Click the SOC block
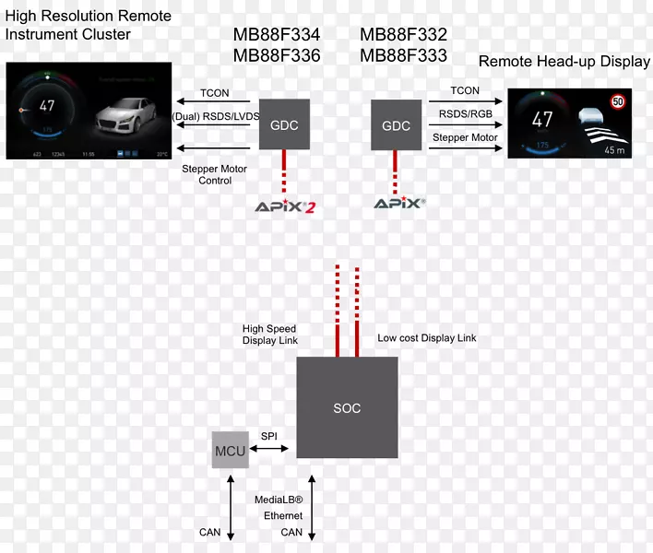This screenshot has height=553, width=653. pyautogui.click(x=347, y=407)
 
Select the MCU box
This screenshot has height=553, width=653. pyautogui.click(x=231, y=449)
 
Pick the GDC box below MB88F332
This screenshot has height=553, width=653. pyautogui.click(x=396, y=125)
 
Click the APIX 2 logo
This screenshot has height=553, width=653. pyautogui.click(x=285, y=206)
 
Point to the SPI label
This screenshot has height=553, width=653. pyautogui.click(x=269, y=435)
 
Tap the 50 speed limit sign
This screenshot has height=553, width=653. pyautogui.click(x=619, y=101)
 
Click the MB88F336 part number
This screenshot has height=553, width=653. pyautogui.click(x=277, y=55)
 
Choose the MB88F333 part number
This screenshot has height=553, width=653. pyautogui.click(x=403, y=55)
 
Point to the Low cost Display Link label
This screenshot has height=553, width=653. pyautogui.click(x=427, y=338)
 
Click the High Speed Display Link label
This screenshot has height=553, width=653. pyautogui.click(x=269, y=335)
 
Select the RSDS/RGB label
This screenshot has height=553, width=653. pyautogui.click(x=465, y=114)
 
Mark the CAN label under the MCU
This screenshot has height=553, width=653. pyautogui.click(x=210, y=532)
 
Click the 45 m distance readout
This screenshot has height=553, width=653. pyautogui.click(x=615, y=148)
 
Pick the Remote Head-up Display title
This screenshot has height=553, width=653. pyautogui.click(x=564, y=62)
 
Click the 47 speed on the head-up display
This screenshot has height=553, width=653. pyautogui.click(x=542, y=120)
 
